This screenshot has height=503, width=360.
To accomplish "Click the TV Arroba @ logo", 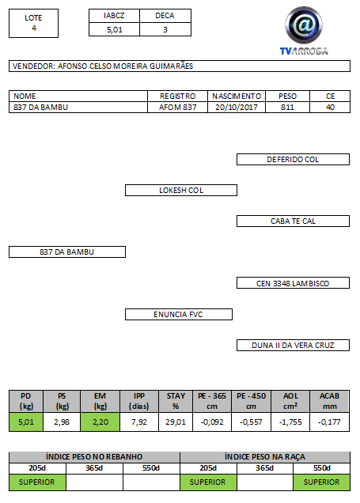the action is (304, 31).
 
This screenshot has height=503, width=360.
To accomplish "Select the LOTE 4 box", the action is (34, 24).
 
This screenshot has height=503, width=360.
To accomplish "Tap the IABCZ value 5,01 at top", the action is (115, 30).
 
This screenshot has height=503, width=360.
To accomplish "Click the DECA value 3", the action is (165, 30).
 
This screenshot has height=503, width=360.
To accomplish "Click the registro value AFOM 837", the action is (178, 107).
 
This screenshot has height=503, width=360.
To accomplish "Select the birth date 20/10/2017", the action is (237, 107).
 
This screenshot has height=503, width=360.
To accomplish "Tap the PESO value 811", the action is (287, 107).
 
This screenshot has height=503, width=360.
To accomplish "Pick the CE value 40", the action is (330, 107).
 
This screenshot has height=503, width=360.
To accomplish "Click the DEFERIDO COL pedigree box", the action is (293, 160).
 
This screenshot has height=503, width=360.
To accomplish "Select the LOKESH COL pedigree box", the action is (181, 191).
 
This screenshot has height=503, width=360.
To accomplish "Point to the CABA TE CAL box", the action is (293, 221).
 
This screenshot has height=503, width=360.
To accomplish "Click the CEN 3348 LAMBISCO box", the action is (293, 283).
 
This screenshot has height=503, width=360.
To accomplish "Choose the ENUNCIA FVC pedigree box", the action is (178, 315).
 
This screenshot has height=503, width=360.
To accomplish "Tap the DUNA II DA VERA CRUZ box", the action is (293, 345).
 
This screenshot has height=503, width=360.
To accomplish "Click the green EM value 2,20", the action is (100, 422).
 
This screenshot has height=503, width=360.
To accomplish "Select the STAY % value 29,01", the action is (176, 422).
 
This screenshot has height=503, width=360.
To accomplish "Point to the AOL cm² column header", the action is (290, 401).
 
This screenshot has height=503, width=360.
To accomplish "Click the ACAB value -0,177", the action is (329, 422).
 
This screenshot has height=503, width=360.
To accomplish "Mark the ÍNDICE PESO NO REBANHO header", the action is (94, 457).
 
